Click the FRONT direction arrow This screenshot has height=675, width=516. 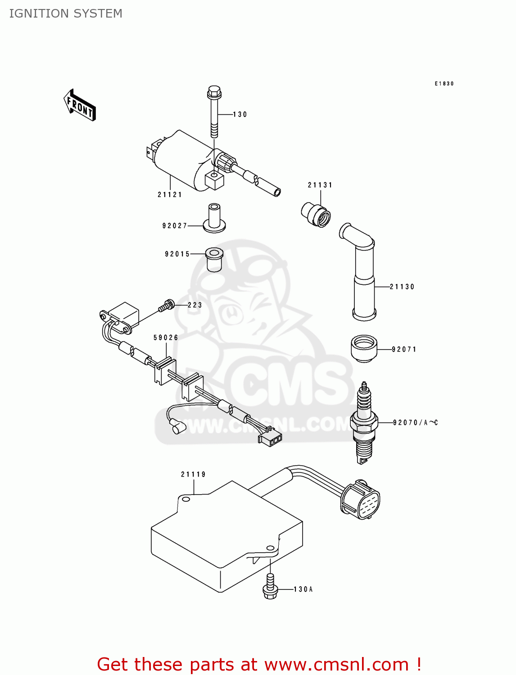80,105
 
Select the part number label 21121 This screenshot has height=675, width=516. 170,194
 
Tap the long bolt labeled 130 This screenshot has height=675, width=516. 214,112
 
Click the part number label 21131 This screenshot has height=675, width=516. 320,185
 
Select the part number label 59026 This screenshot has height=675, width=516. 166,337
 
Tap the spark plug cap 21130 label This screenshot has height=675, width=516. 402,287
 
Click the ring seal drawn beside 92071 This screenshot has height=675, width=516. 364,348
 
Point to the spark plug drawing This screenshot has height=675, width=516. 363,423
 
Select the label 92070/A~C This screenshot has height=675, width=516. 415,423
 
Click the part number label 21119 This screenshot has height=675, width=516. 193,474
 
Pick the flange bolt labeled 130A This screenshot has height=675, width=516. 270,587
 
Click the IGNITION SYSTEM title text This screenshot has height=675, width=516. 66,13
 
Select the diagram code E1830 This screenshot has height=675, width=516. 444,84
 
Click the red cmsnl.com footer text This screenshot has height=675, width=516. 259,664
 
